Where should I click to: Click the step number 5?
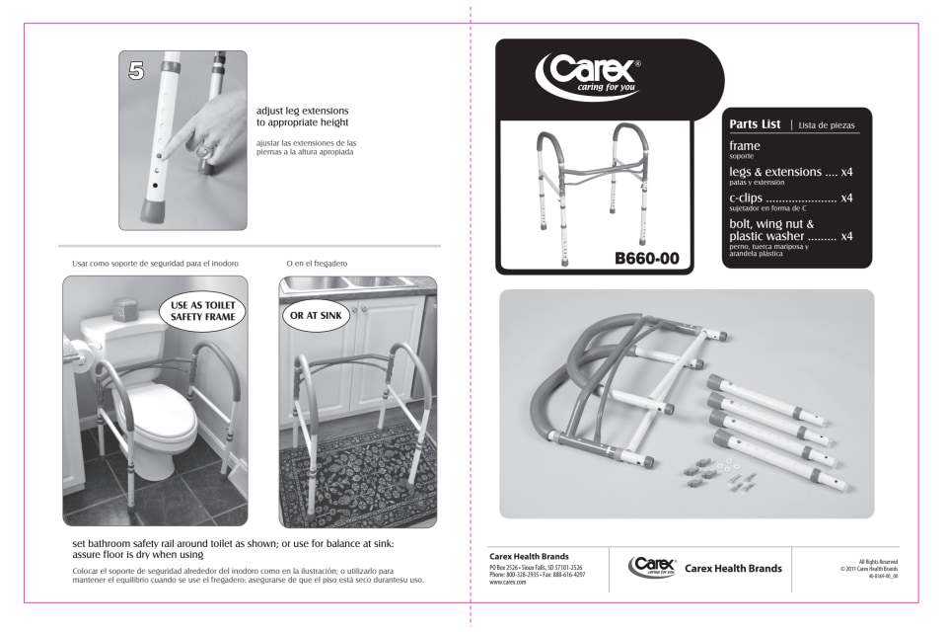pyautogui.click(x=138, y=71)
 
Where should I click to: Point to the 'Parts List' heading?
pyautogui.click(x=756, y=124)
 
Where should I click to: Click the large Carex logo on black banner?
pyautogui.click(x=590, y=74)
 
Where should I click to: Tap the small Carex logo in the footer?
pyautogui.click(x=651, y=567)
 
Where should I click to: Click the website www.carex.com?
pyautogui.click(x=507, y=584)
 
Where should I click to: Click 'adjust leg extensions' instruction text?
pyautogui.click(x=302, y=117)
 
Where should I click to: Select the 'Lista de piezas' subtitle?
pyautogui.click(x=828, y=125)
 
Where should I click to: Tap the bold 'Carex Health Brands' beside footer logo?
pyautogui.click(x=733, y=568)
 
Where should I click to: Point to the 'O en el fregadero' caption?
pyautogui.click(x=317, y=264)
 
